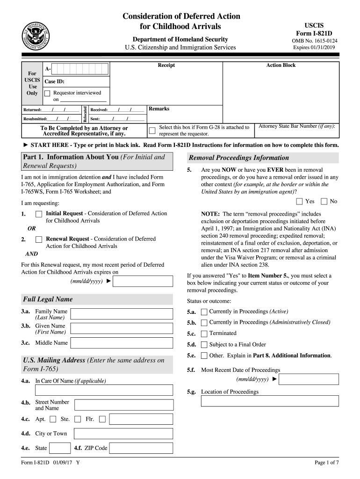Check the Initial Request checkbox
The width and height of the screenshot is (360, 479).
pos(39,214)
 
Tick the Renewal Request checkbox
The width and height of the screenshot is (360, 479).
pos(39,239)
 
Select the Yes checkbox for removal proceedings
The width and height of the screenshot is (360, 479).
pos(299,202)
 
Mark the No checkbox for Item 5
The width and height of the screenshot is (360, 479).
pos(324,202)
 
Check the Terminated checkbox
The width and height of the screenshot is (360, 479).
pos(204,334)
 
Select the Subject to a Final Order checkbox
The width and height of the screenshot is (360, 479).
pos(204,345)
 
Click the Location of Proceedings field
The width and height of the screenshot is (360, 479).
pos(270,401)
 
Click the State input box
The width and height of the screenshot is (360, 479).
pos(60,448)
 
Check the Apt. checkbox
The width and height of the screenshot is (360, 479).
pos(53,419)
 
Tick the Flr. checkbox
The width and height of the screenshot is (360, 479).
pos(102,419)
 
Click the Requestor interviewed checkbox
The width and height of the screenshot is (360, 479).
pos(47,94)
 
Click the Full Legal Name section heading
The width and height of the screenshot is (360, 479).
pos(48,299)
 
